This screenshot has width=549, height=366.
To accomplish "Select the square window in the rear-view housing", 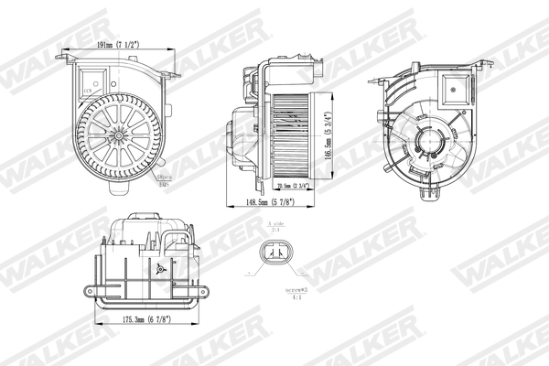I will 455,88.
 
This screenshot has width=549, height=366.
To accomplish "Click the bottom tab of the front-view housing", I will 120,191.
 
